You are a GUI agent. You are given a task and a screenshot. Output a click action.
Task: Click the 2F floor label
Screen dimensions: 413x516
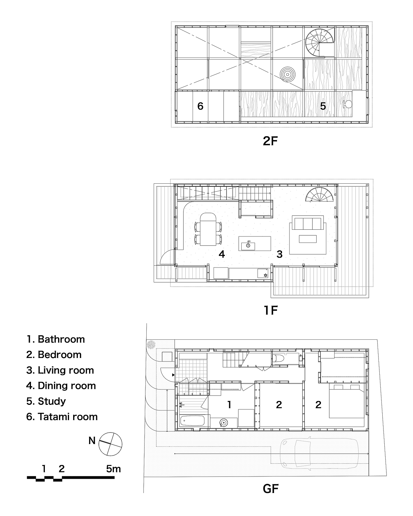[x=270, y=141]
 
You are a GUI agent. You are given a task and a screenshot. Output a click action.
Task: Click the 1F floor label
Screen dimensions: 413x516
[x=270, y=310]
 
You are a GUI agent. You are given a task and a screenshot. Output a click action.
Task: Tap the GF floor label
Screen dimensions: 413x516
[x=271, y=489]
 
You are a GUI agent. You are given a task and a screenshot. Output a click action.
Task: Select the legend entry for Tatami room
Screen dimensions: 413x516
[x=62, y=417]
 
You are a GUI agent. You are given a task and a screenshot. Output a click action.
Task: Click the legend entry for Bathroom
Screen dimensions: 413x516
[x=55, y=339]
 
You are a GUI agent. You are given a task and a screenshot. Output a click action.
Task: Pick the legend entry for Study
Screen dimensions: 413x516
[x=46, y=401]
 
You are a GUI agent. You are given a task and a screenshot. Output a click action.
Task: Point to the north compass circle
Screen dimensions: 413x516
[x=110, y=443]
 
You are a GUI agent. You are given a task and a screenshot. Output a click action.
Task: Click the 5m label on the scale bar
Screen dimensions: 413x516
[x=114, y=469]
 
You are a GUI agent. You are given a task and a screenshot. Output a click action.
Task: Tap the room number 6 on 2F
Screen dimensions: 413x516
[x=200, y=106]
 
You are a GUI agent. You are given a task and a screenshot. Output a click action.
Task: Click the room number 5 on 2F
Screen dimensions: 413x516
[x=323, y=106]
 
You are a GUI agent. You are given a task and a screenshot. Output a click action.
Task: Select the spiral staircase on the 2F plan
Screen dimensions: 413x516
[x=320, y=42]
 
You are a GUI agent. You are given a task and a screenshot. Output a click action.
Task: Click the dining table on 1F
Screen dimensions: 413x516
[x=208, y=229]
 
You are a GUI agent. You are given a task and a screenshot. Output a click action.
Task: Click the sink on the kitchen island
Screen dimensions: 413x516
[x=248, y=245]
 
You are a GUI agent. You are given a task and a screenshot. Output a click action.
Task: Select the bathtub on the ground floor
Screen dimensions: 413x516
[x=192, y=420]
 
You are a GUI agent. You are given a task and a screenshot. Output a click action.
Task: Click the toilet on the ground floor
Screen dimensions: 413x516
[x=278, y=358]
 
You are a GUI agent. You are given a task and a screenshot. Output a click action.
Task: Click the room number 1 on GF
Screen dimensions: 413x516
[x=229, y=405]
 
